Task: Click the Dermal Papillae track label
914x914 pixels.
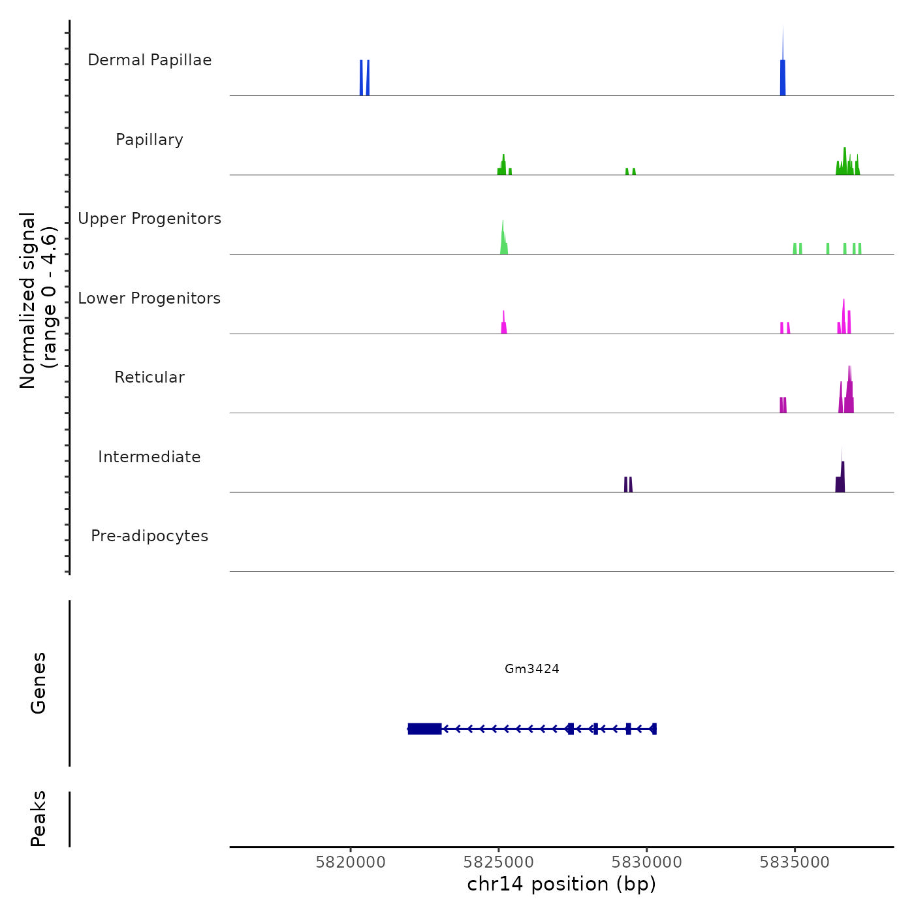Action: [150, 60]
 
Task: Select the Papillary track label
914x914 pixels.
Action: [150, 140]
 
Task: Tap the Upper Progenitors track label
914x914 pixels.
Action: [150, 219]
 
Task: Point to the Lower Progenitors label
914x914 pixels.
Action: [150, 298]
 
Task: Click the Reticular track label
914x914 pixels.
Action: [150, 377]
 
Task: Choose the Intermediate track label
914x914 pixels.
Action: [150, 457]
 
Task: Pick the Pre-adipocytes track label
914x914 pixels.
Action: [150, 536]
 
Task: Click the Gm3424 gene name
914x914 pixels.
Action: [532, 669]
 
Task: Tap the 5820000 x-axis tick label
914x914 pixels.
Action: [351, 862]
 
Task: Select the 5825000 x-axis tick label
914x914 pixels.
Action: [499, 862]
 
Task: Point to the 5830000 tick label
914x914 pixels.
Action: [647, 862]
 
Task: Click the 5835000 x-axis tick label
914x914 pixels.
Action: [795, 862]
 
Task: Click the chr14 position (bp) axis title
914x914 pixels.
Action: [561, 885]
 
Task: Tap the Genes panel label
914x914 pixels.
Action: [39, 683]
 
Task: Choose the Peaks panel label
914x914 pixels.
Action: [39, 819]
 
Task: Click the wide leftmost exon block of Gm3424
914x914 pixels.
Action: [424, 729]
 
